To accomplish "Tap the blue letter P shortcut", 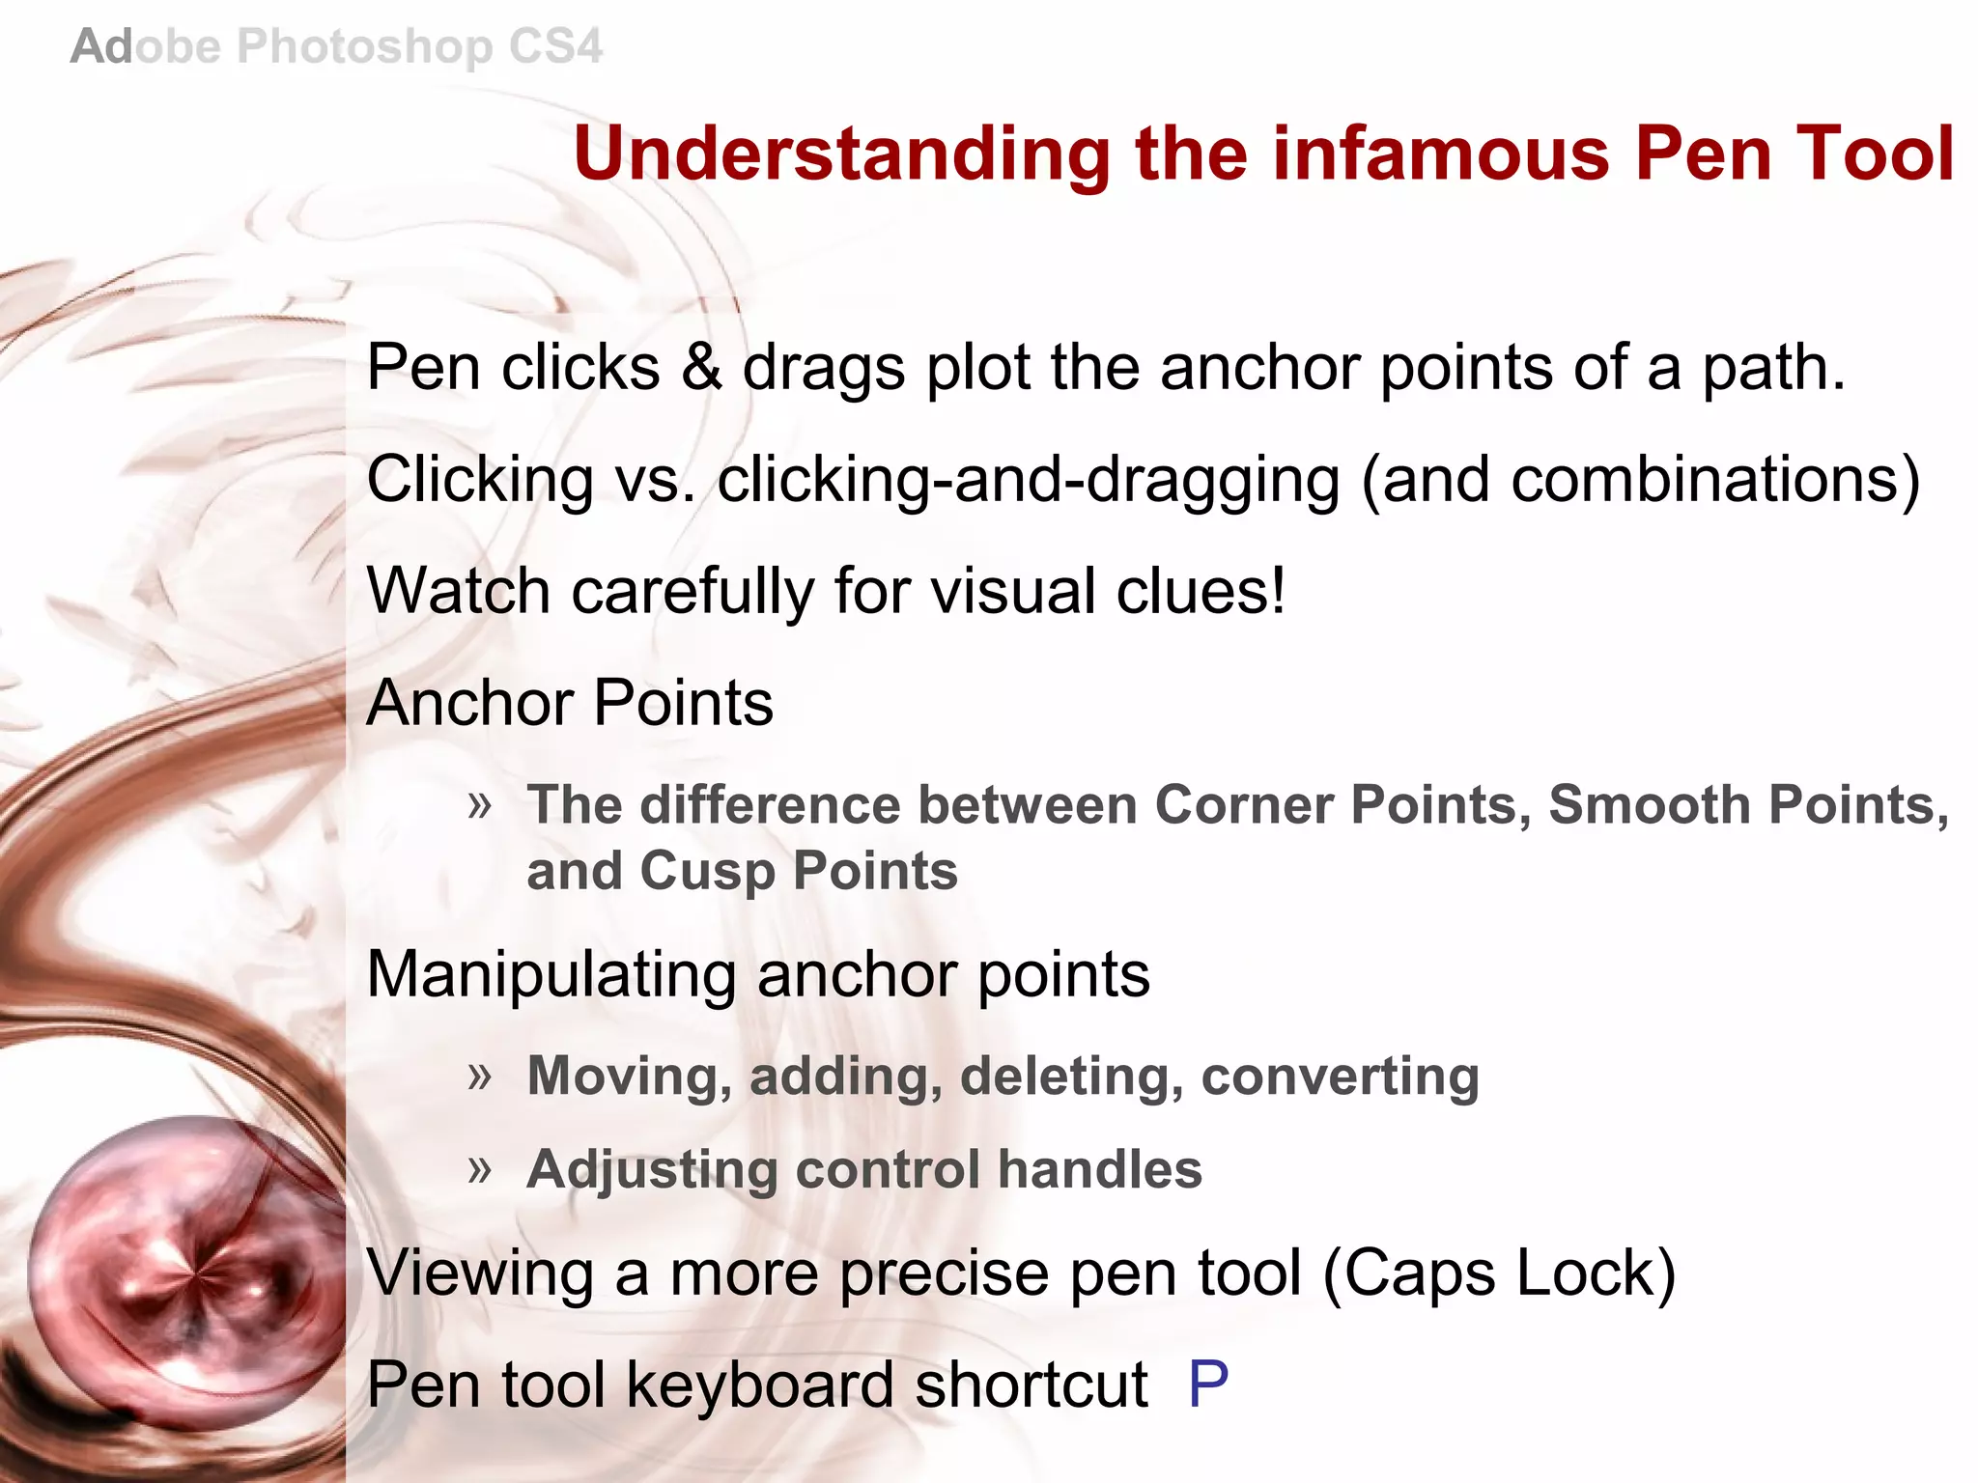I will tap(1208, 1384).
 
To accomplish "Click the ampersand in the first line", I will tap(702, 368).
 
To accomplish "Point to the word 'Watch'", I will tap(458, 591).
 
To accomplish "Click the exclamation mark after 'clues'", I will tap(1278, 591).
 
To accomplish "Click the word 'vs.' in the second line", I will tap(656, 480).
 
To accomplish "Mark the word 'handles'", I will tap(1100, 1169).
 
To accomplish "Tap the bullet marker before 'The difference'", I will tap(480, 804).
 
